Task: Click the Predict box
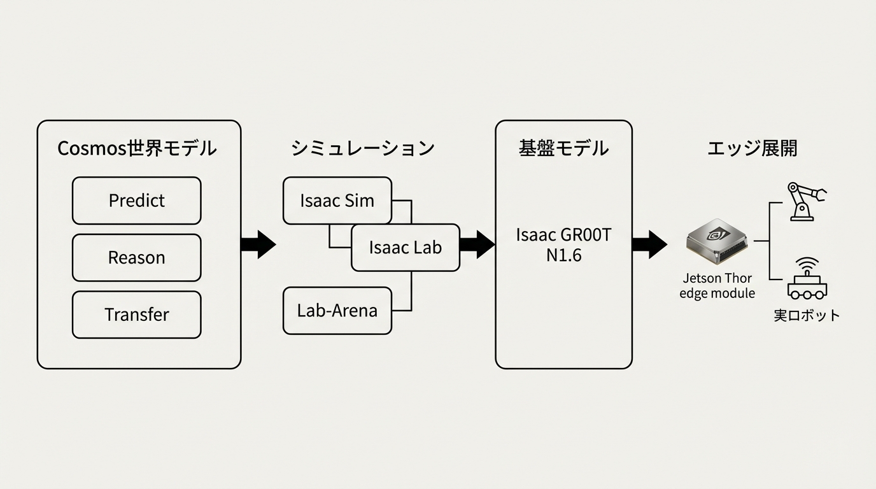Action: coord(136,201)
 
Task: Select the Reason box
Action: coord(136,258)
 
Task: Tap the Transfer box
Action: coord(136,315)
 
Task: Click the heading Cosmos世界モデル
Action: coord(137,148)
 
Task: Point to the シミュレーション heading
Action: coord(363,148)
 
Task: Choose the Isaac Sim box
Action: coord(337,201)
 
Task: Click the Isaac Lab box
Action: coord(405,248)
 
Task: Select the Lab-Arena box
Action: coord(337,311)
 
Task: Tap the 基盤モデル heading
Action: coord(563,148)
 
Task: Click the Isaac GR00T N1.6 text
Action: coord(563,245)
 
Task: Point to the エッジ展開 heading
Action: coord(752,148)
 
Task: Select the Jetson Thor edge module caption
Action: coord(717,286)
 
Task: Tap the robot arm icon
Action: coord(806,201)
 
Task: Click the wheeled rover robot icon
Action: coord(807,287)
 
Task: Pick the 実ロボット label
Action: coord(807,315)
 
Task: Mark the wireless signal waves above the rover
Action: coord(808,263)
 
